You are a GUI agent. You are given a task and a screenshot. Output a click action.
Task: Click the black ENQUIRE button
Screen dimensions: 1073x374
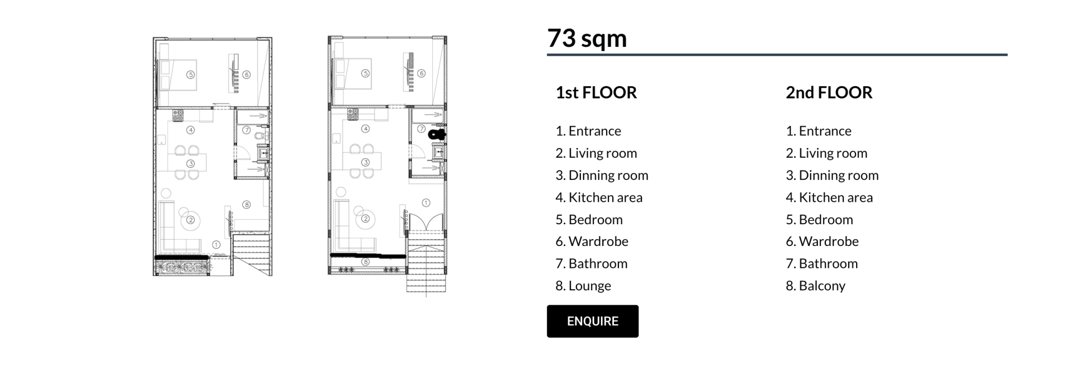point(592,321)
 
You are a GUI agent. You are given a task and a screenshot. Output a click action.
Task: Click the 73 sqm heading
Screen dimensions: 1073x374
point(587,39)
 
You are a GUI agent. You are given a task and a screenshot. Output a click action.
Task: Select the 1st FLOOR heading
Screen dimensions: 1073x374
point(596,92)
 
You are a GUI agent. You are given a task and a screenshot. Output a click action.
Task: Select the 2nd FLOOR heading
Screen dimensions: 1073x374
point(829,92)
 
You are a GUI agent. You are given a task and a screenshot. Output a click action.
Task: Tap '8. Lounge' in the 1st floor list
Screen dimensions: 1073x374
point(583,286)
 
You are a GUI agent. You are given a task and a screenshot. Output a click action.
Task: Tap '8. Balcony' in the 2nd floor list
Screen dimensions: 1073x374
point(815,286)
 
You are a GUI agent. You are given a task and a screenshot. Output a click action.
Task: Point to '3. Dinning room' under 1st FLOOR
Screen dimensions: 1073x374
point(602,175)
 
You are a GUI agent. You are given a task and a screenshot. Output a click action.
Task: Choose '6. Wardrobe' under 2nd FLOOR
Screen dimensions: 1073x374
point(822,241)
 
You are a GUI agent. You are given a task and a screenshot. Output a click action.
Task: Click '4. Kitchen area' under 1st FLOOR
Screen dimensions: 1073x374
point(599,197)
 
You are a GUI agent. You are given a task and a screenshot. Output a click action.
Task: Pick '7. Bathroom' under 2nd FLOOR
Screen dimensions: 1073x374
point(821,263)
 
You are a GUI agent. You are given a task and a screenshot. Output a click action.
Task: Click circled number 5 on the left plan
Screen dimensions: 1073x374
point(190,74)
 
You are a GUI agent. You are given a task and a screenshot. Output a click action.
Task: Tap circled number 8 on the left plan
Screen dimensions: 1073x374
point(246,205)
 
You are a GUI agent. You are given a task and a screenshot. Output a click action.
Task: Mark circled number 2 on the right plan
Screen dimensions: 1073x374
point(365,219)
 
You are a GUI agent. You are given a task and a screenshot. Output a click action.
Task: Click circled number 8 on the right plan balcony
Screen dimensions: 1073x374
point(365,262)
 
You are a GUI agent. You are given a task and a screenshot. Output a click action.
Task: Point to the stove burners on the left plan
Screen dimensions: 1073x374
point(178,115)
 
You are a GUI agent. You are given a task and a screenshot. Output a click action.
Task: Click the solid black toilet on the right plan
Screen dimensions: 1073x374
point(436,134)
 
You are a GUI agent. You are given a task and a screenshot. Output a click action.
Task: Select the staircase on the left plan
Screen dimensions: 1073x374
point(252,254)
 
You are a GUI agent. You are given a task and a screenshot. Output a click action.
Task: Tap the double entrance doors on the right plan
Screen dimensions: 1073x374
point(426,222)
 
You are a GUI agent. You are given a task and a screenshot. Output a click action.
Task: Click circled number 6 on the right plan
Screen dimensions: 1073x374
point(421,73)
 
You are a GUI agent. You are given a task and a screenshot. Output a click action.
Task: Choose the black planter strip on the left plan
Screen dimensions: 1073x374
point(182,257)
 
